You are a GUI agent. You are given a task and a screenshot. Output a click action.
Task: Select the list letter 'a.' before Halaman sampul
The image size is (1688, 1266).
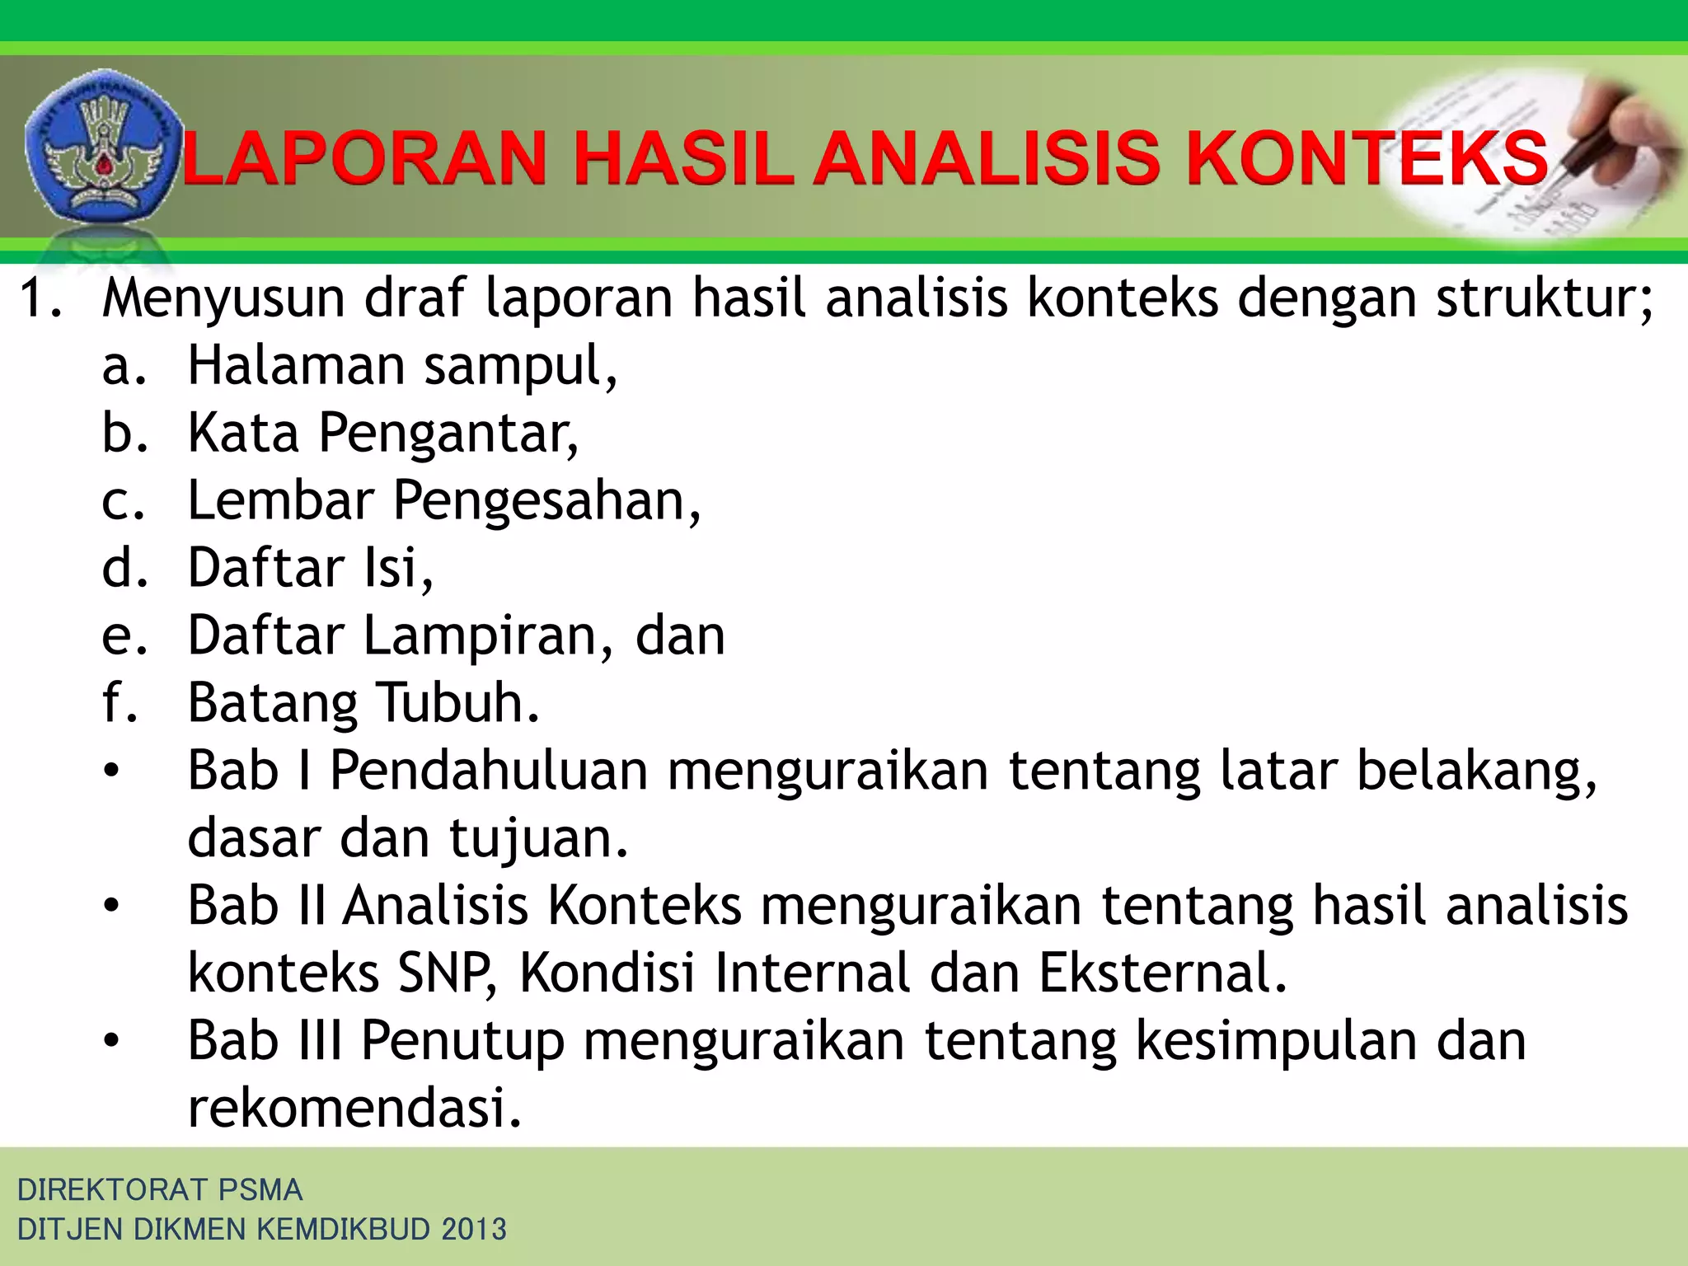(124, 367)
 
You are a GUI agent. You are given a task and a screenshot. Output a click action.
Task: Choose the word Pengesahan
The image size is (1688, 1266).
(546, 502)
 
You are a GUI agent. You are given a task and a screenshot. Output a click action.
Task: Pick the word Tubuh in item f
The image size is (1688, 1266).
(458, 703)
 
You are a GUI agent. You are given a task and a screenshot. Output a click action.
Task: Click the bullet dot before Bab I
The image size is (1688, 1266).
(111, 772)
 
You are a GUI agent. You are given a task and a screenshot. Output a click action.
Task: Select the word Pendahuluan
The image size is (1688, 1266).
(489, 771)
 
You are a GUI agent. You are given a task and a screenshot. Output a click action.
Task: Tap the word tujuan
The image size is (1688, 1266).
(538, 839)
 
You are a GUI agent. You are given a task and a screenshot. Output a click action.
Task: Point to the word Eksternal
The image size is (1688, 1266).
(1162, 973)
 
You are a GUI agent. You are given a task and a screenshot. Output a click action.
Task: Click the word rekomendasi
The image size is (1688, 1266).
(354, 1108)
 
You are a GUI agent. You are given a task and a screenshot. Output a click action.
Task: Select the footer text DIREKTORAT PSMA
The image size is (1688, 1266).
(160, 1189)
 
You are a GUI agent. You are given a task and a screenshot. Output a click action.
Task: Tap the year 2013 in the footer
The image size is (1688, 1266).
(474, 1229)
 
